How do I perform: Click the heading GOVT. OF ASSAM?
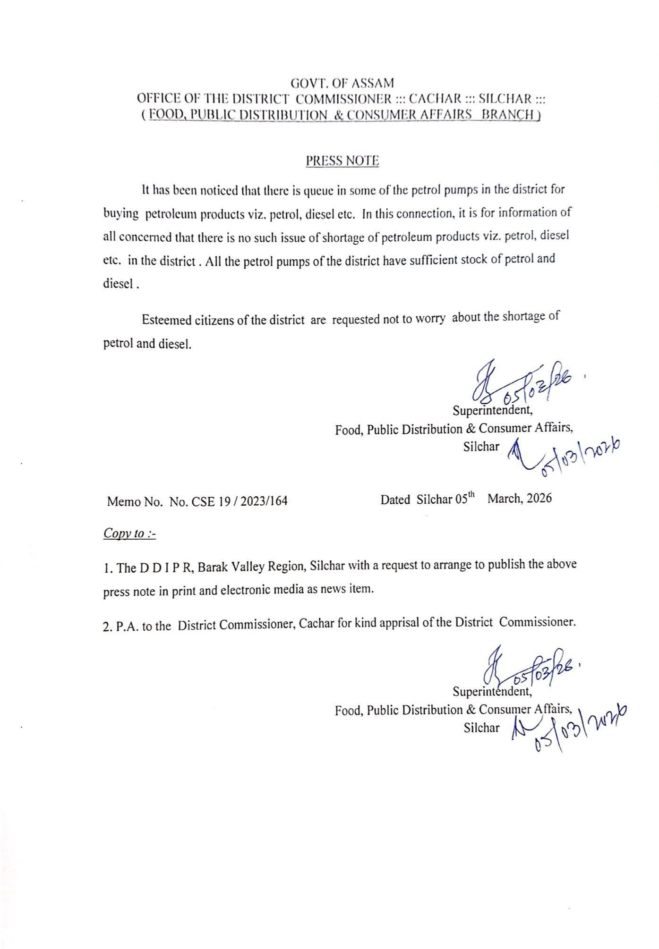coord(342,84)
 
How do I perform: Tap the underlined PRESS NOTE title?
coord(342,161)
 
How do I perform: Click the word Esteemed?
coord(165,321)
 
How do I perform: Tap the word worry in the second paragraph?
coord(430,318)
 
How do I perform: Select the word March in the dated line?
coord(505,499)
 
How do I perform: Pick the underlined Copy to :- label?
coord(129,534)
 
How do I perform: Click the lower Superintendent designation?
coord(492,692)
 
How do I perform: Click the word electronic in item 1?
coord(249,591)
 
